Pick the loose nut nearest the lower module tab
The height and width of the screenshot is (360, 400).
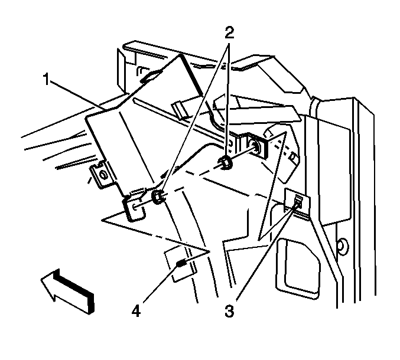pyautogui.click(x=158, y=197)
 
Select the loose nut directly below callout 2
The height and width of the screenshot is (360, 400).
pyautogui.click(x=225, y=163)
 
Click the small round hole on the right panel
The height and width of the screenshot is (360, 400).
pyautogui.click(x=340, y=244)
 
